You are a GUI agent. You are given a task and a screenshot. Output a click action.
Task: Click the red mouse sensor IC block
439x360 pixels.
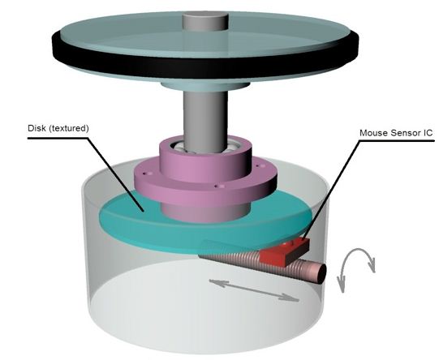(284, 252)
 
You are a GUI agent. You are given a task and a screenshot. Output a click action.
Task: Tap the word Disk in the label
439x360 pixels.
(37, 128)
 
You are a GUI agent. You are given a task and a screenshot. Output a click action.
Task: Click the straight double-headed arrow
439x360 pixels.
(254, 291)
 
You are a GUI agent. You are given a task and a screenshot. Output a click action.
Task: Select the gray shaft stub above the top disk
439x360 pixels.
(205, 22)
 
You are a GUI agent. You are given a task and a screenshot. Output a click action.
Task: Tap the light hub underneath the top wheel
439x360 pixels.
(205, 86)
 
